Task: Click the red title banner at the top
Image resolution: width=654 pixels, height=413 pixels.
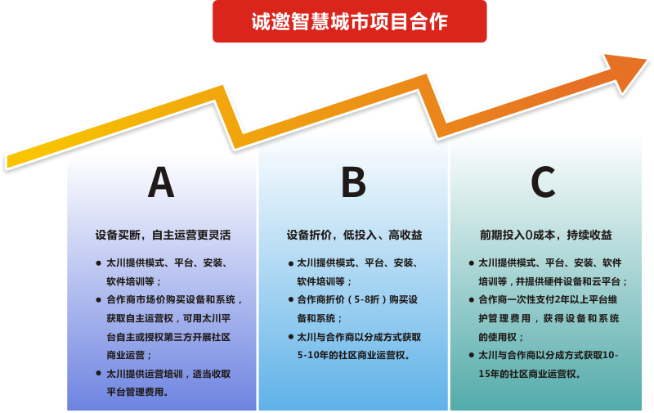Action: [350, 21]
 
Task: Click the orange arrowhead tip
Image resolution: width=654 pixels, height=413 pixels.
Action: [647, 60]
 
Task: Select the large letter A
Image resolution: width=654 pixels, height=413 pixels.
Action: [161, 182]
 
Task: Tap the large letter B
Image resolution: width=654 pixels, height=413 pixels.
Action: [353, 182]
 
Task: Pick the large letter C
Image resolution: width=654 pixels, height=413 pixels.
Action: [543, 182]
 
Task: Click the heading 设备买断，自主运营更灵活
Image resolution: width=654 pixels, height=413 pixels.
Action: [163, 235]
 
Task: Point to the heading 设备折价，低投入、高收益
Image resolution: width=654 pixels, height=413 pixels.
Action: [354, 235]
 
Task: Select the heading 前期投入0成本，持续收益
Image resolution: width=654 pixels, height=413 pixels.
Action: [546, 235]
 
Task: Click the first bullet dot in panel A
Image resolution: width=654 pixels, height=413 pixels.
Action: [98, 263]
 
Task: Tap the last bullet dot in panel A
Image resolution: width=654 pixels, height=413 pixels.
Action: [98, 374]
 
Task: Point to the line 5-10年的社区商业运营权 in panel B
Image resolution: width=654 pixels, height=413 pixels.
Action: [354, 355]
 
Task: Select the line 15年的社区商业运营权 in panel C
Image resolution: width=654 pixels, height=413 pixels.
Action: [530, 374]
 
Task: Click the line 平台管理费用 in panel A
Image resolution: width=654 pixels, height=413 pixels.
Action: [137, 392]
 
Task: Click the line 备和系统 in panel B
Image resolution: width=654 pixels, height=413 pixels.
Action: [320, 318]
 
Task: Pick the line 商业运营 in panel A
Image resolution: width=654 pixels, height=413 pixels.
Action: [129, 355]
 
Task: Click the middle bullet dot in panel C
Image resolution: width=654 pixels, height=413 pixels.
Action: [472, 300]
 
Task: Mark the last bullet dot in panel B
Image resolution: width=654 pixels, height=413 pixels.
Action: [291, 337]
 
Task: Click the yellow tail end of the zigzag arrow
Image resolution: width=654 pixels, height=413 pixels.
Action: [7, 162]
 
